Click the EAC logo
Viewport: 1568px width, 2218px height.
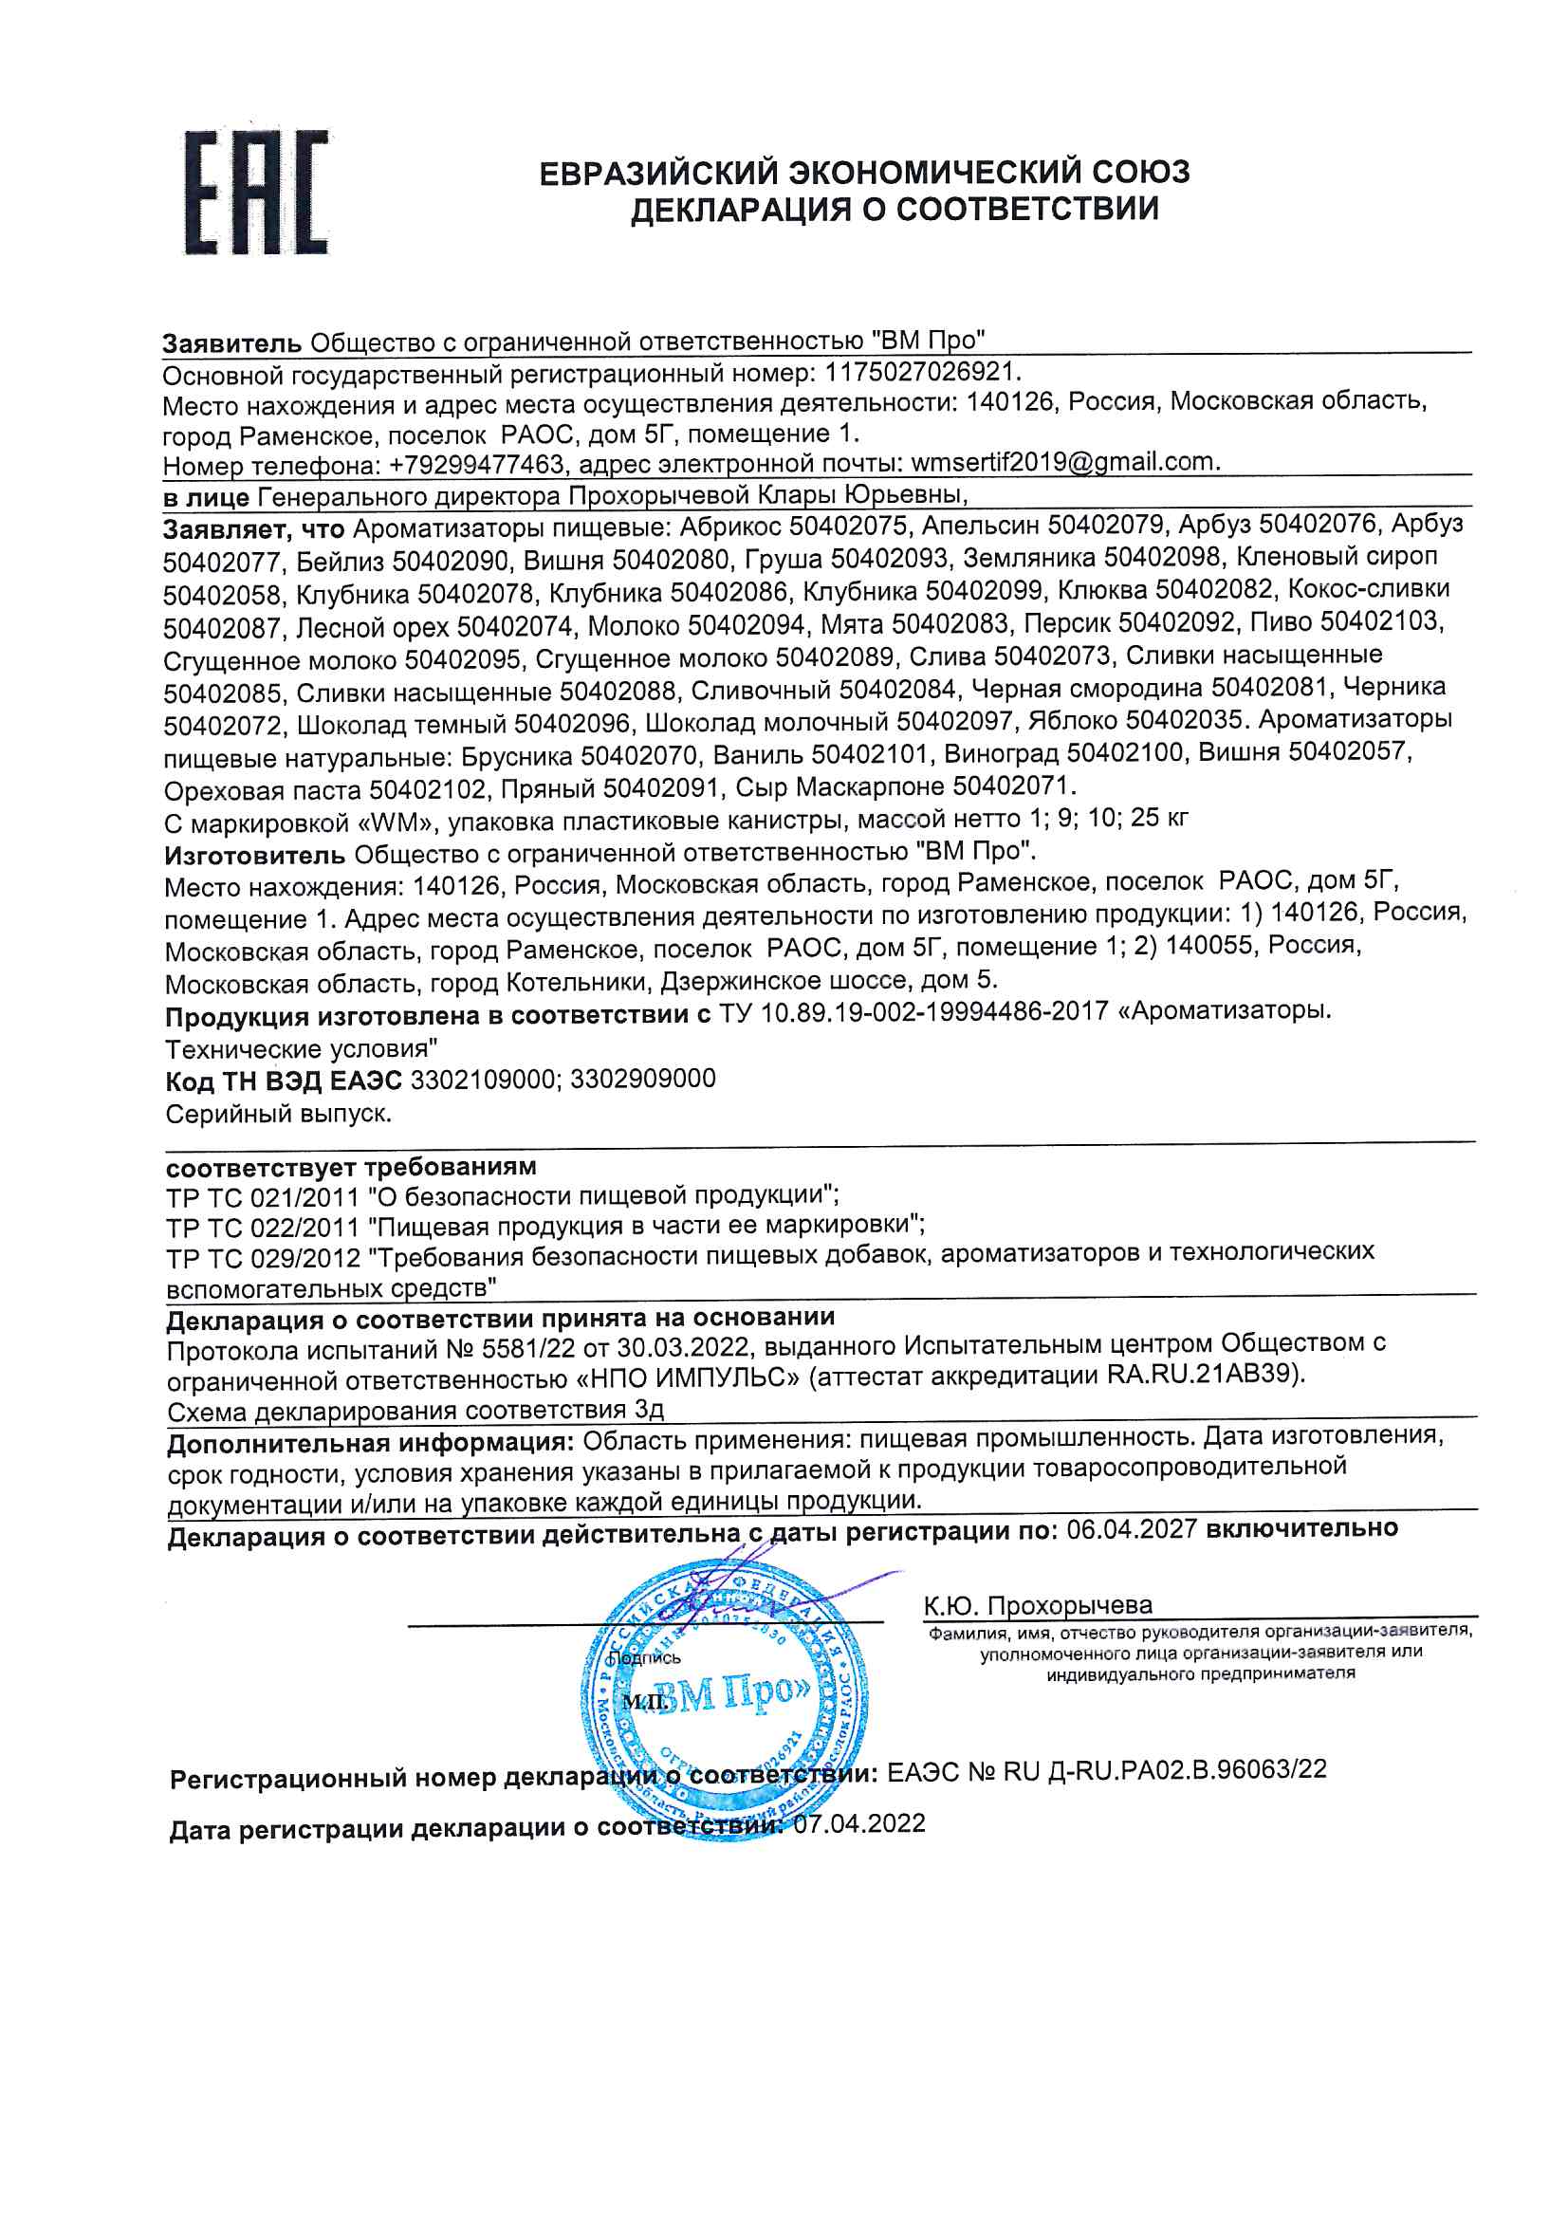[x=255, y=194]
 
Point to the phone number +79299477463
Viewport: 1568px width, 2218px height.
[x=475, y=465]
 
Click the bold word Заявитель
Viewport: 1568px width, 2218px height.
[x=231, y=342]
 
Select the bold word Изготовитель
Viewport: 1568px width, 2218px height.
[x=254, y=855]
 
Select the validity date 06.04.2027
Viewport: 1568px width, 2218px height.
[x=1132, y=1529]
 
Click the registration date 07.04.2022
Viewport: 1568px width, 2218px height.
[x=858, y=1824]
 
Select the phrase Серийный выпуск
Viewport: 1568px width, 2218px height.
[x=278, y=1114]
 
